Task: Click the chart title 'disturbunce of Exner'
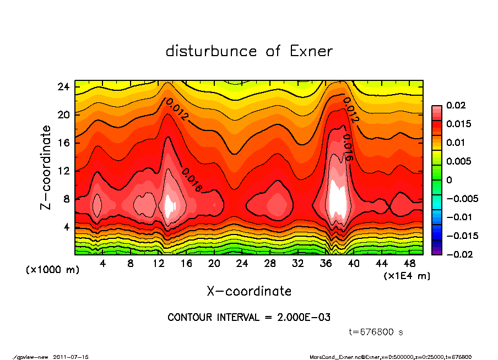point(249,52)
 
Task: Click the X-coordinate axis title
point(249,291)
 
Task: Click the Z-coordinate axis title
point(46,167)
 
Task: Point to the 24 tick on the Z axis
point(64,87)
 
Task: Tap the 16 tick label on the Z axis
point(64,143)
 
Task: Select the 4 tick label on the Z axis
point(66,227)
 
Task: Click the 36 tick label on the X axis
point(326,264)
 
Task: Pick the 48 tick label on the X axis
point(410,264)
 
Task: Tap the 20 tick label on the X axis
point(214,264)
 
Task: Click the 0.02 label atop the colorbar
point(457,105)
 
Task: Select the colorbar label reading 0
point(449,180)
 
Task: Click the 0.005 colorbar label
point(459,161)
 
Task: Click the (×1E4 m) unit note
point(407,275)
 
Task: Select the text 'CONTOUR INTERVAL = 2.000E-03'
point(249,318)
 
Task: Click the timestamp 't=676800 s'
point(376,332)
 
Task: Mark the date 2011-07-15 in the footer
point(71,357)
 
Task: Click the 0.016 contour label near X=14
point(191,180)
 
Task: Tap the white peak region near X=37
point(337,198)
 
